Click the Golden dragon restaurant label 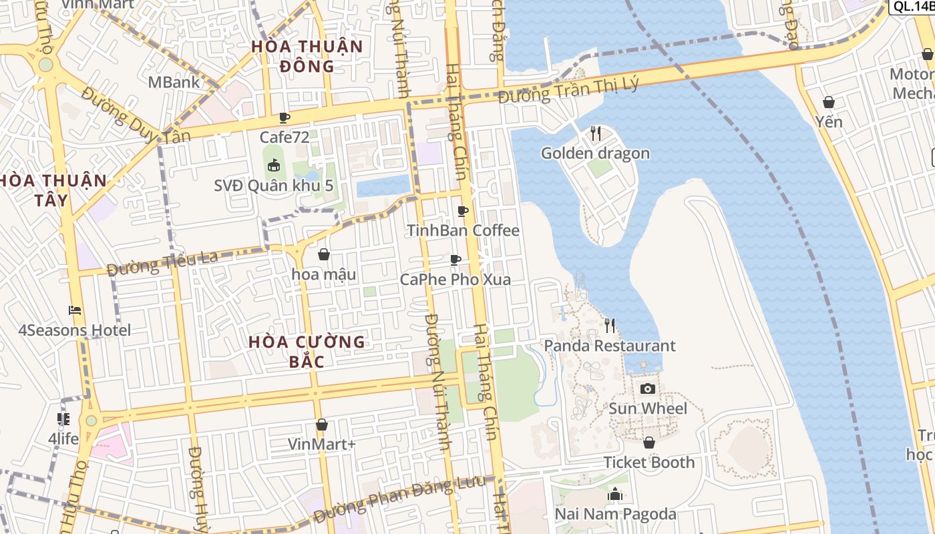(595, 154)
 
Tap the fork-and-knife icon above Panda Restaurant (610, 326)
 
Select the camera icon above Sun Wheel (647, 388)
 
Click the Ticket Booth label (649, 463)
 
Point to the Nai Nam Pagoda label (616, 514)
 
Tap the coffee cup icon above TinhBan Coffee (463, 211)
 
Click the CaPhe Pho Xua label (455, 279)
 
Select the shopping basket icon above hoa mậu (324, 254)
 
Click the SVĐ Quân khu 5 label (273, 186)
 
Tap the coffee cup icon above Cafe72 (285, 118)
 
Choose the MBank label (174, 82)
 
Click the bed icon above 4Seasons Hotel (75, 310)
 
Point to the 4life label (63, 439)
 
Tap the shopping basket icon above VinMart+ (322, 425)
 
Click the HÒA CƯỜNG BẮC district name (307, 352)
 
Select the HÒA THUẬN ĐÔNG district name (307, 56)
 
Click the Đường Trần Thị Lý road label (568, 89)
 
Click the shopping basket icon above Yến (829, 102)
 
